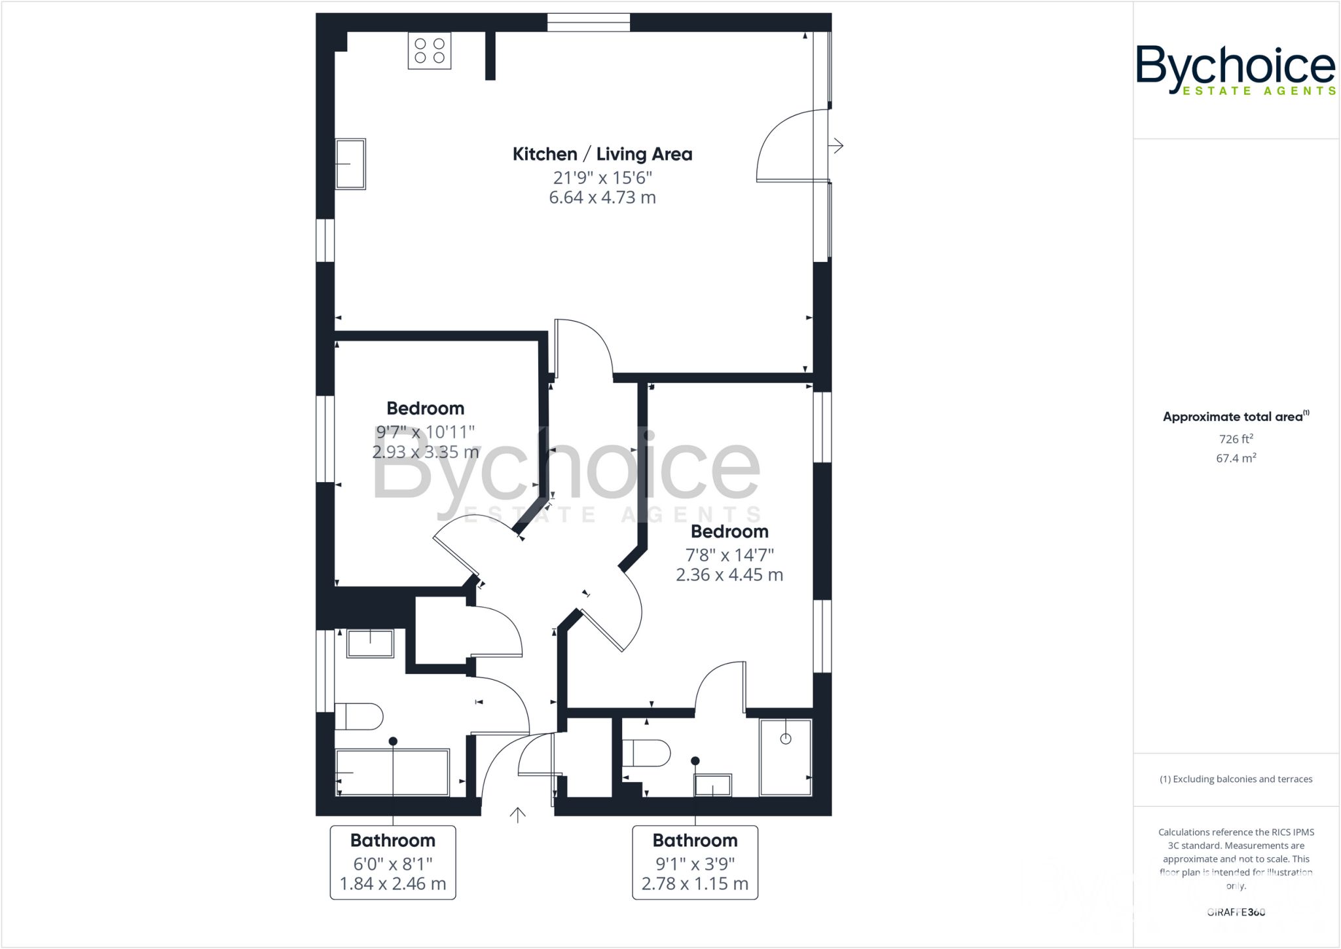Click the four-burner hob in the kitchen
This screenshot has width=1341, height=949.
pos(430,50)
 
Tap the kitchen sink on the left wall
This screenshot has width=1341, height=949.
pos(350,164)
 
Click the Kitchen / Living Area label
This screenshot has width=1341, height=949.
pos(602,155)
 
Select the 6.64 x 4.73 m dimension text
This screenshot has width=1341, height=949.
pos(602,198)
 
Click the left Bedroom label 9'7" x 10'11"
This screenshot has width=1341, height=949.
pos(425,432)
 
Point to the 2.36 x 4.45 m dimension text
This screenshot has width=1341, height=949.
pos(729,575)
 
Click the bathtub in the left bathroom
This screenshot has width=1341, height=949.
pos(392,773)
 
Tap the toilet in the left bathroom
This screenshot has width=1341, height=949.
pos(358,716)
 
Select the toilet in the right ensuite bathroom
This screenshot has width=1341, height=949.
pos(646,753)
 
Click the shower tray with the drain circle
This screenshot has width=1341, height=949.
pos(785,756)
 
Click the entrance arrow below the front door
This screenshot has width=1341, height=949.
pos(518,815)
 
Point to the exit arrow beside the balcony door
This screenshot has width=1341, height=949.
pos(837,145)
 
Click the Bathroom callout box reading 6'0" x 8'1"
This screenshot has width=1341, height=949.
pos(392,863)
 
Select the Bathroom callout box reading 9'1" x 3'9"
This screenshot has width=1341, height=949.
pos(695,863)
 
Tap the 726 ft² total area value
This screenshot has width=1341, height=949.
pos(1236,439)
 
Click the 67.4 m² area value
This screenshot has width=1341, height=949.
pos(1236,458)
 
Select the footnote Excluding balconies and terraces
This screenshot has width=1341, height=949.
pos(1236,779)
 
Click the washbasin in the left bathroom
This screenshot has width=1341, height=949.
pos(370,643)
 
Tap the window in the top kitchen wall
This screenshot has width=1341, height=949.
pos(588,22)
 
